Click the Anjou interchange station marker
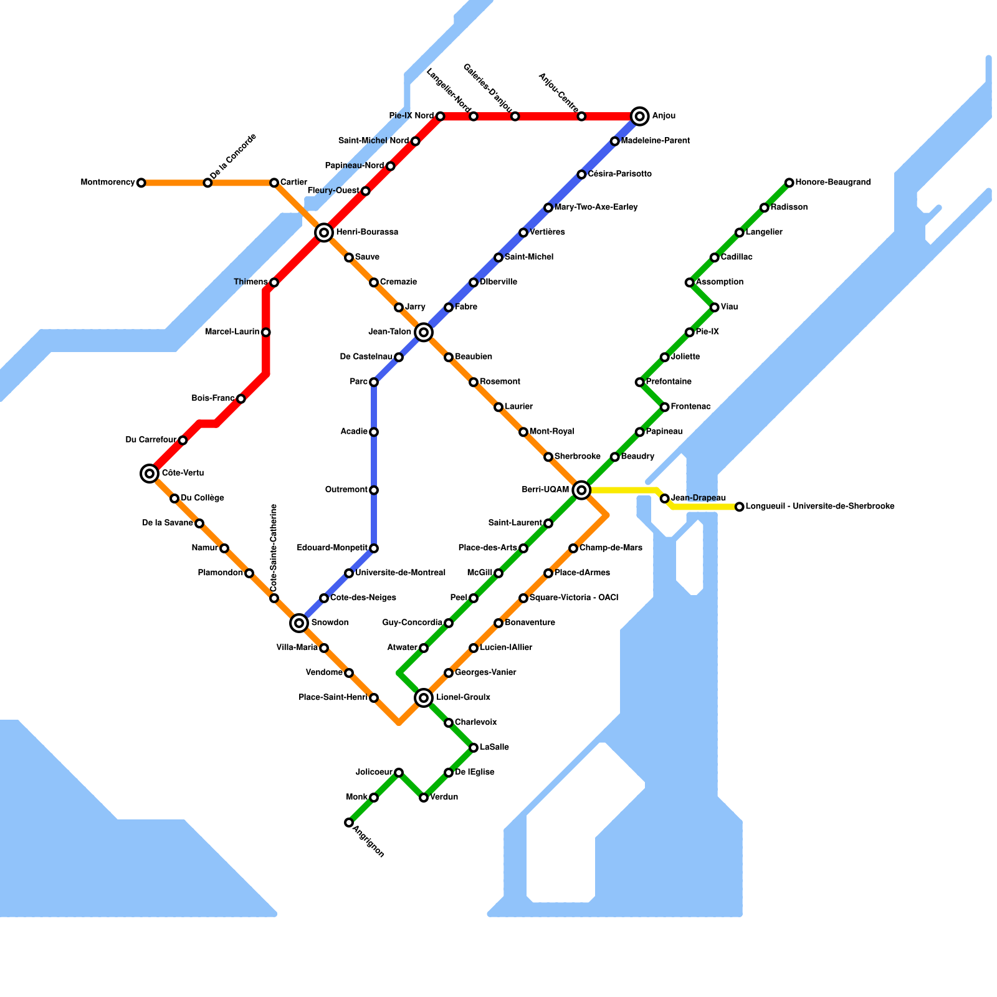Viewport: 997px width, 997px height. click(639, 116)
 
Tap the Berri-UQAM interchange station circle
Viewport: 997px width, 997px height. click(581, 490)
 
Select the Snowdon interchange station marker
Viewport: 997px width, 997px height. click(299, 623)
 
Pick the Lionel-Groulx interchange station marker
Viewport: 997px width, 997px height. click(424, 697)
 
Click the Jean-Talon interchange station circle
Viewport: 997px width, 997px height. click(424, 332)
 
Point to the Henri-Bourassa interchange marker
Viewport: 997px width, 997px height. click(323, 232)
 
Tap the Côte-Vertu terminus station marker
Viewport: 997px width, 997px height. click(149, 474)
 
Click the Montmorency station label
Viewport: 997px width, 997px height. click(108, 183)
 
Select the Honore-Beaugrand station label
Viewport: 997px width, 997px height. click(833, 183)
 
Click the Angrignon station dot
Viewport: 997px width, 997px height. click(348, 823)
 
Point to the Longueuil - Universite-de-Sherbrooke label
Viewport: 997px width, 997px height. click(820, 507)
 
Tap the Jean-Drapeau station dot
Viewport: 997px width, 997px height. click(664, 499)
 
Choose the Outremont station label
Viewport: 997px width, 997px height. click(346, 490)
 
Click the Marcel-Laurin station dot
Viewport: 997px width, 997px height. click(266, 332)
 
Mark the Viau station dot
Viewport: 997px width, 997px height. click(714, 307)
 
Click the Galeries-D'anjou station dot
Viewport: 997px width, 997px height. click(515, 117)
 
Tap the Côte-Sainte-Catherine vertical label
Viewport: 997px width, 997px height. click(274, 548)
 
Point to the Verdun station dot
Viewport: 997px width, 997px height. click(424, 798)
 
